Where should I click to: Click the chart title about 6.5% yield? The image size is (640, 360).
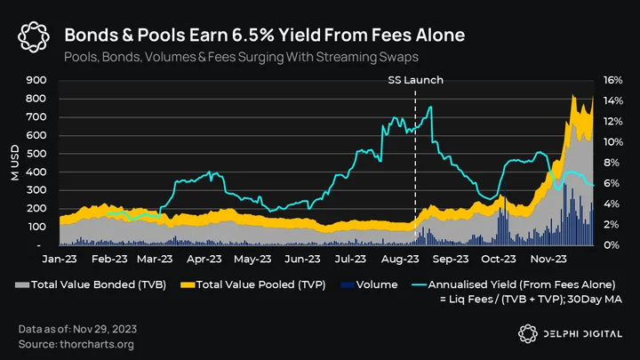[265, 35]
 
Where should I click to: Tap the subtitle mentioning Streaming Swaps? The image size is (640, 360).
[241, 57]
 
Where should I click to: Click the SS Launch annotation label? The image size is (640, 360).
[415, 80]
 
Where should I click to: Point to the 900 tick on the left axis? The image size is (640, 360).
[36, 80]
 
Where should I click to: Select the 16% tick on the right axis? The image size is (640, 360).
[613, 80]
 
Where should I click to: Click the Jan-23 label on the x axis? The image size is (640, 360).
[60, 259]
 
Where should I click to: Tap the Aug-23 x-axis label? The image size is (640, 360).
[400, 259]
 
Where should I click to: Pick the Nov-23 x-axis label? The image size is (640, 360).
[548, 259]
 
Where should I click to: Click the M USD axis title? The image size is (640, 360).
[15, 163]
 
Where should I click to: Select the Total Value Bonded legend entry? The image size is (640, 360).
[91, 285]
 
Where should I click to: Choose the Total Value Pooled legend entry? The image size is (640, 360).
[253, 285]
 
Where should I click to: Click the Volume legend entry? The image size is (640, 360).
[369, 285]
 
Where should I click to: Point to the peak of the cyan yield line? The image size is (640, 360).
[430, 107]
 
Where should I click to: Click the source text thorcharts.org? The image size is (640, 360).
[97, 345]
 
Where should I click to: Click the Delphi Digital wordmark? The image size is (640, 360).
[582, 334]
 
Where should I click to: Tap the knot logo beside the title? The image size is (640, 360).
[34, 37]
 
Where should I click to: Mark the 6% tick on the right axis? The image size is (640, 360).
[613, 183]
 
